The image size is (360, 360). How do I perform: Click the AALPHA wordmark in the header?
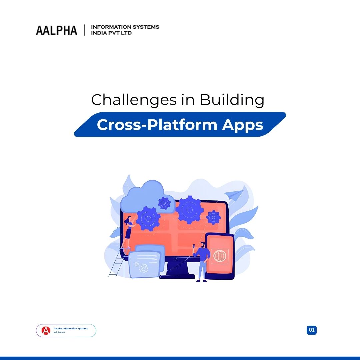pos(56,30)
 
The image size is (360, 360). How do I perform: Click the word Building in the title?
pos(232,100)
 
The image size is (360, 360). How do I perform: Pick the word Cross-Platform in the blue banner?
pos(157,125)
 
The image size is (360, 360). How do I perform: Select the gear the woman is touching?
pos(148,219)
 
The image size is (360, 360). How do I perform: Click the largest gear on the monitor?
pos(189,210)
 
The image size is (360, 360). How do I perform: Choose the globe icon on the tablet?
pos(220,256)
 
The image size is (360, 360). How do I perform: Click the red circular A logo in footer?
pos(46,331)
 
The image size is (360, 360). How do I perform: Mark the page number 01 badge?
pos(312,330)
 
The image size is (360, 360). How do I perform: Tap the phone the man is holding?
pos(193,246)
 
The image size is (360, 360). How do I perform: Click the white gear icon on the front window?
pos(144,268)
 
